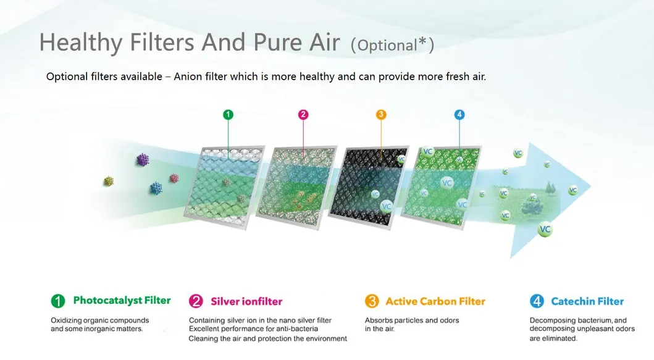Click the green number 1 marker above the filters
pyautogui.click(x=228, y=114)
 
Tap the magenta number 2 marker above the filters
pyautogui.click(x=303, y=114)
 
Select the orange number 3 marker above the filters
pyautogui.click(x=381, y=114)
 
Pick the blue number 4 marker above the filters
pyautogui.click(x=459, y=114)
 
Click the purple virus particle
pyautogui.click(x=143, y=160)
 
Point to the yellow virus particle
pyautogui.click(x=109, y=181)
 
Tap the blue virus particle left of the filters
pyautogui.click(x=156, y=188)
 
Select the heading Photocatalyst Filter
pyautogui.click(x=122, y=300)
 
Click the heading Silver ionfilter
pyautogui.click(x=246, y=301)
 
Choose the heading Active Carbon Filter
pyautogui.click(x=435, y=301)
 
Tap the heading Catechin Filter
pyautogui.click(x=587, y=301)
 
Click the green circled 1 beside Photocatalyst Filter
pyautogui.click(x=58, y=301)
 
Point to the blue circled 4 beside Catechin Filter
pyautogui.click(x=537, y=301)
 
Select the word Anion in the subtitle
pyautogui.click(x=188, y=77)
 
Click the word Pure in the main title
pyautogui.click(x=277, y=42)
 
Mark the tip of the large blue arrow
pyautogui.click(x=590, y=186)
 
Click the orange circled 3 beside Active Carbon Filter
pyautogui.click(x=372, y=301)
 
